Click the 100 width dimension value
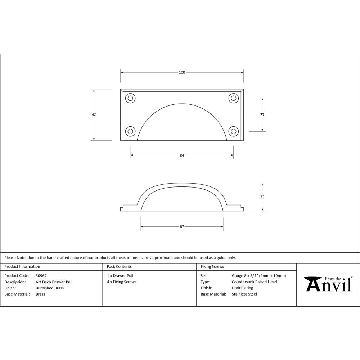point(182,72)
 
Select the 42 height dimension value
point(94,114)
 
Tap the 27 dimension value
point(262,114)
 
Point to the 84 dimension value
point(182,155)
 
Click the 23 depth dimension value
point(262,197)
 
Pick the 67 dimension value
point(182,227)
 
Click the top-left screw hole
point(130,98)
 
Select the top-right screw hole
point(234,98)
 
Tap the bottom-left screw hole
point(130,131)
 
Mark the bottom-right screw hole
point(234,131)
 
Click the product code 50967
point(41,276)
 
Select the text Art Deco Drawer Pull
point(54,282)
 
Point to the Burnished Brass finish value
point(50,288)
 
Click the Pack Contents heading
point(119,267)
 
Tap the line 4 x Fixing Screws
point(122,282)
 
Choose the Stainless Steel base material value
point(244,294)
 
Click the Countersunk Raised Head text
point(254,282)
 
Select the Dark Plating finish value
point(242,288)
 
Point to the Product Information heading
point(22,267)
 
